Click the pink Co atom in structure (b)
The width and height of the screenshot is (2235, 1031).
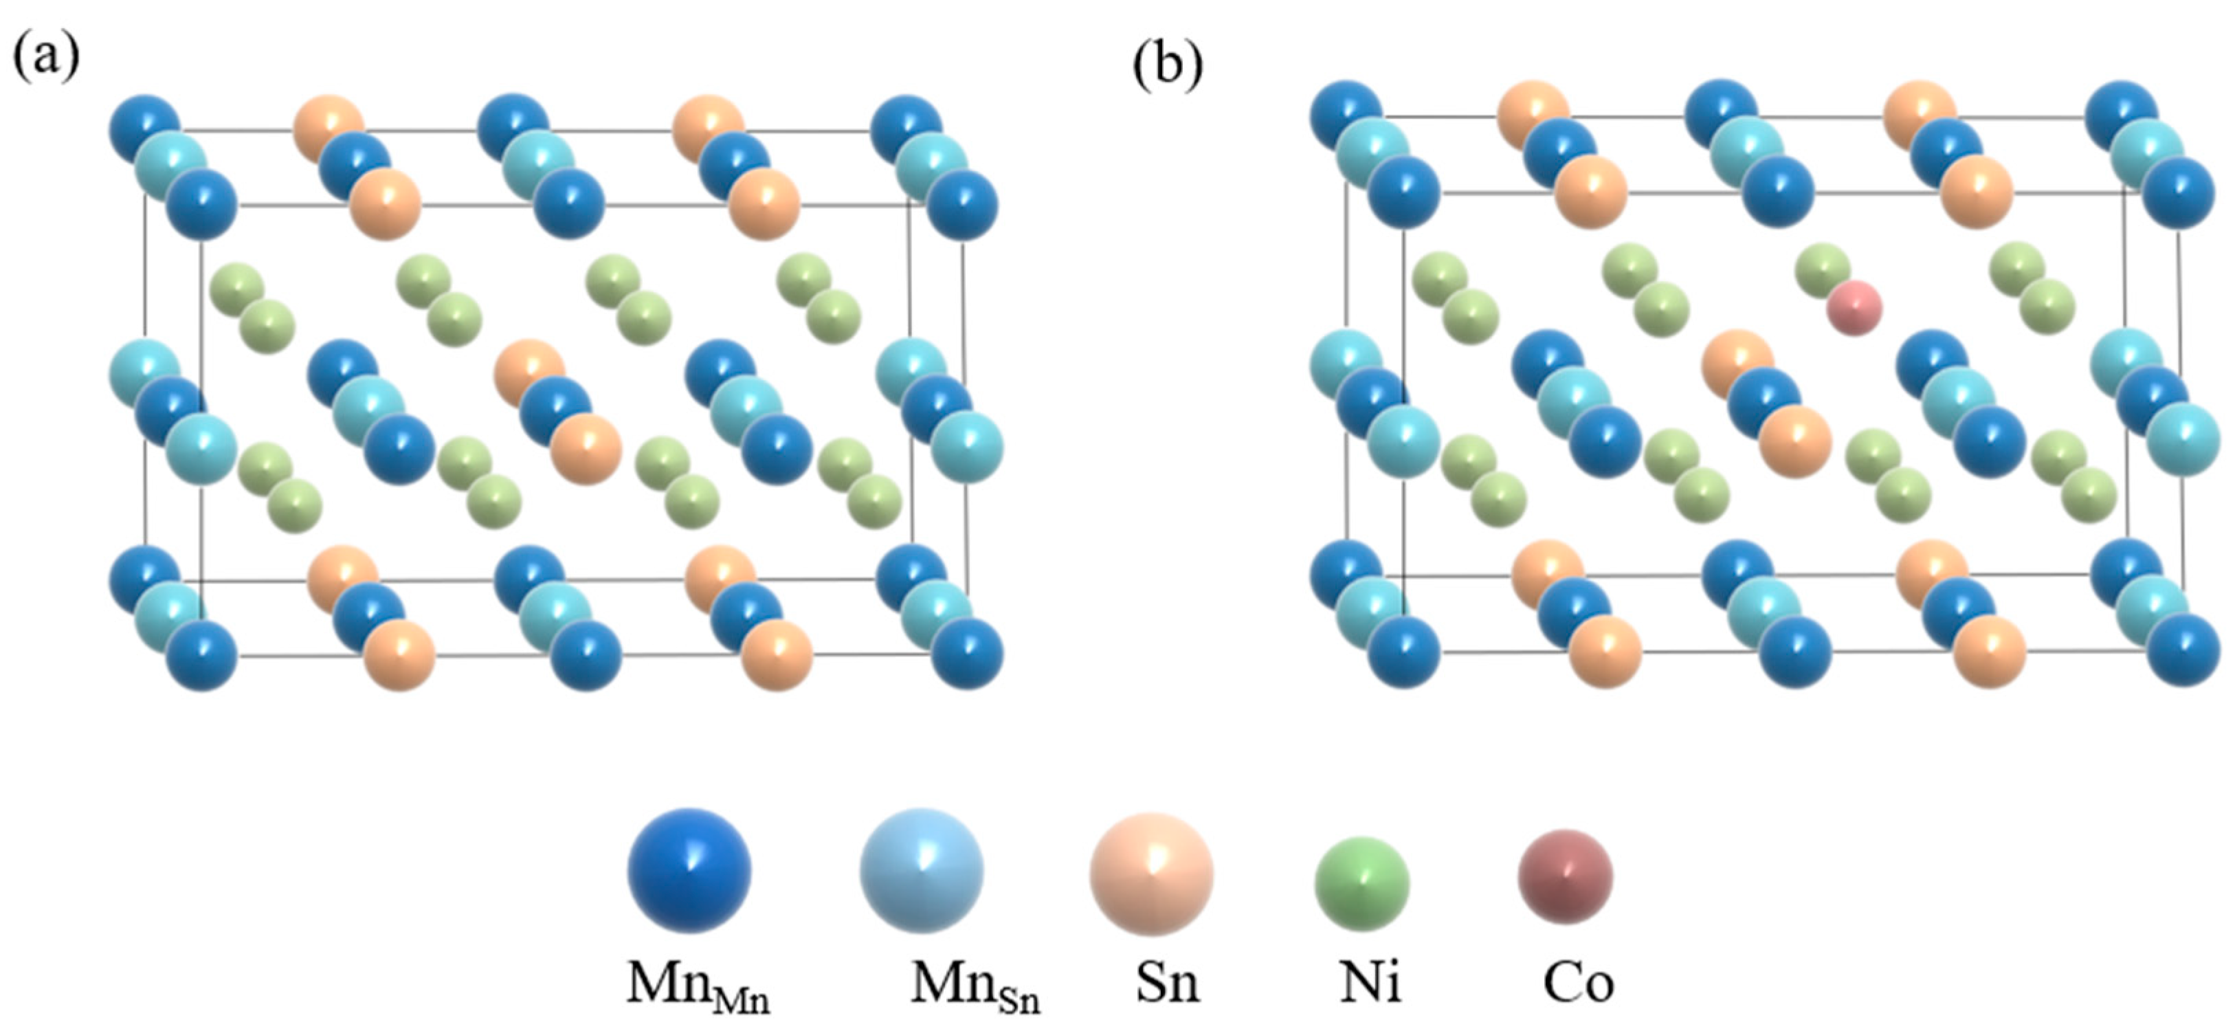(1854, 308)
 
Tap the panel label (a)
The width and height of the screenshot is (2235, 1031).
(45, 57)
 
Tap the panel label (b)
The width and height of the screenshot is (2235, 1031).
(1168, 64)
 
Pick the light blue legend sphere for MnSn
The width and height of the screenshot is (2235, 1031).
(922, 870)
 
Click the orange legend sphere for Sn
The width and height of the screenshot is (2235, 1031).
(1151, 874)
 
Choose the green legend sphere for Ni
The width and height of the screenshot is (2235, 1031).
(1362, 883)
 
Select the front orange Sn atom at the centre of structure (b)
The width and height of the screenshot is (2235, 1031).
(1795, 441)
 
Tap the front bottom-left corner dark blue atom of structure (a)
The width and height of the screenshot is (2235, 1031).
(201, 654)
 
